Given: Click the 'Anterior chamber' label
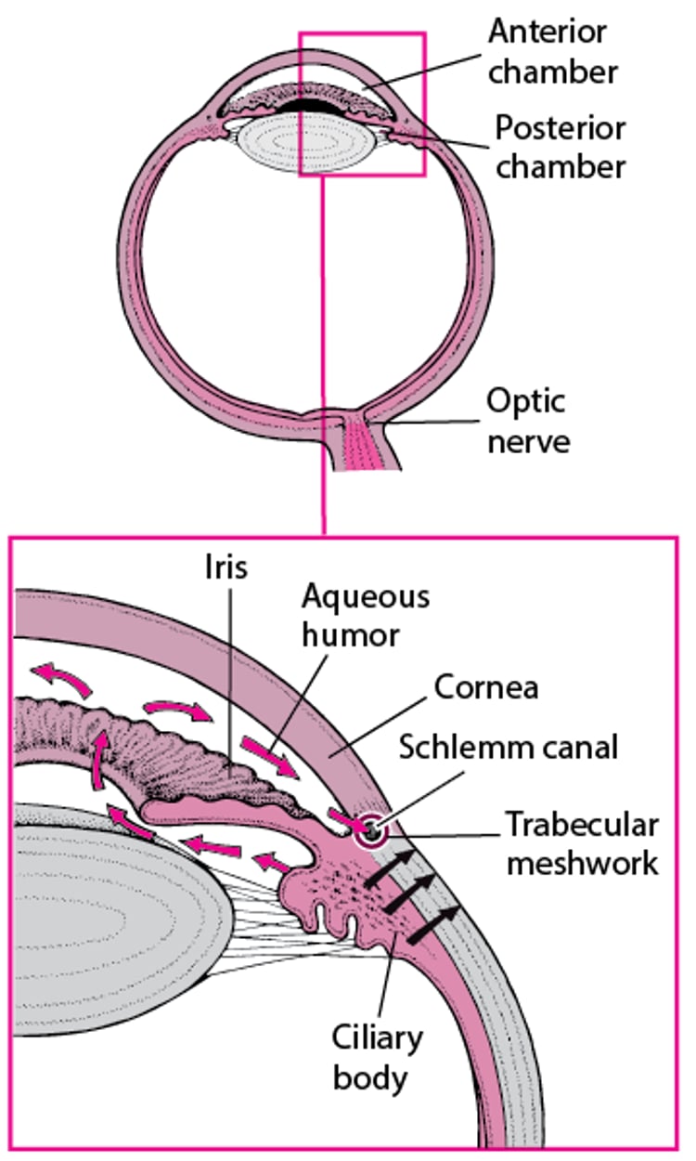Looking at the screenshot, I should tap(553, 50).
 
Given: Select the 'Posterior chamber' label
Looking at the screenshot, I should tap(559, 147).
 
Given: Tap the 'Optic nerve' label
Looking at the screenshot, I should tap(526, 420).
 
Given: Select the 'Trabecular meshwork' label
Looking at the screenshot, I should tap(581, 842).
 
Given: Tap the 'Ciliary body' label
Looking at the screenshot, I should tap(369, 1057).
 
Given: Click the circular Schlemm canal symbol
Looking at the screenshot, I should tap(372, 832).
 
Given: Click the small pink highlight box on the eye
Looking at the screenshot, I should tap(362, 104).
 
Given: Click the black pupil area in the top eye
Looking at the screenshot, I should tap(307, 108).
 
